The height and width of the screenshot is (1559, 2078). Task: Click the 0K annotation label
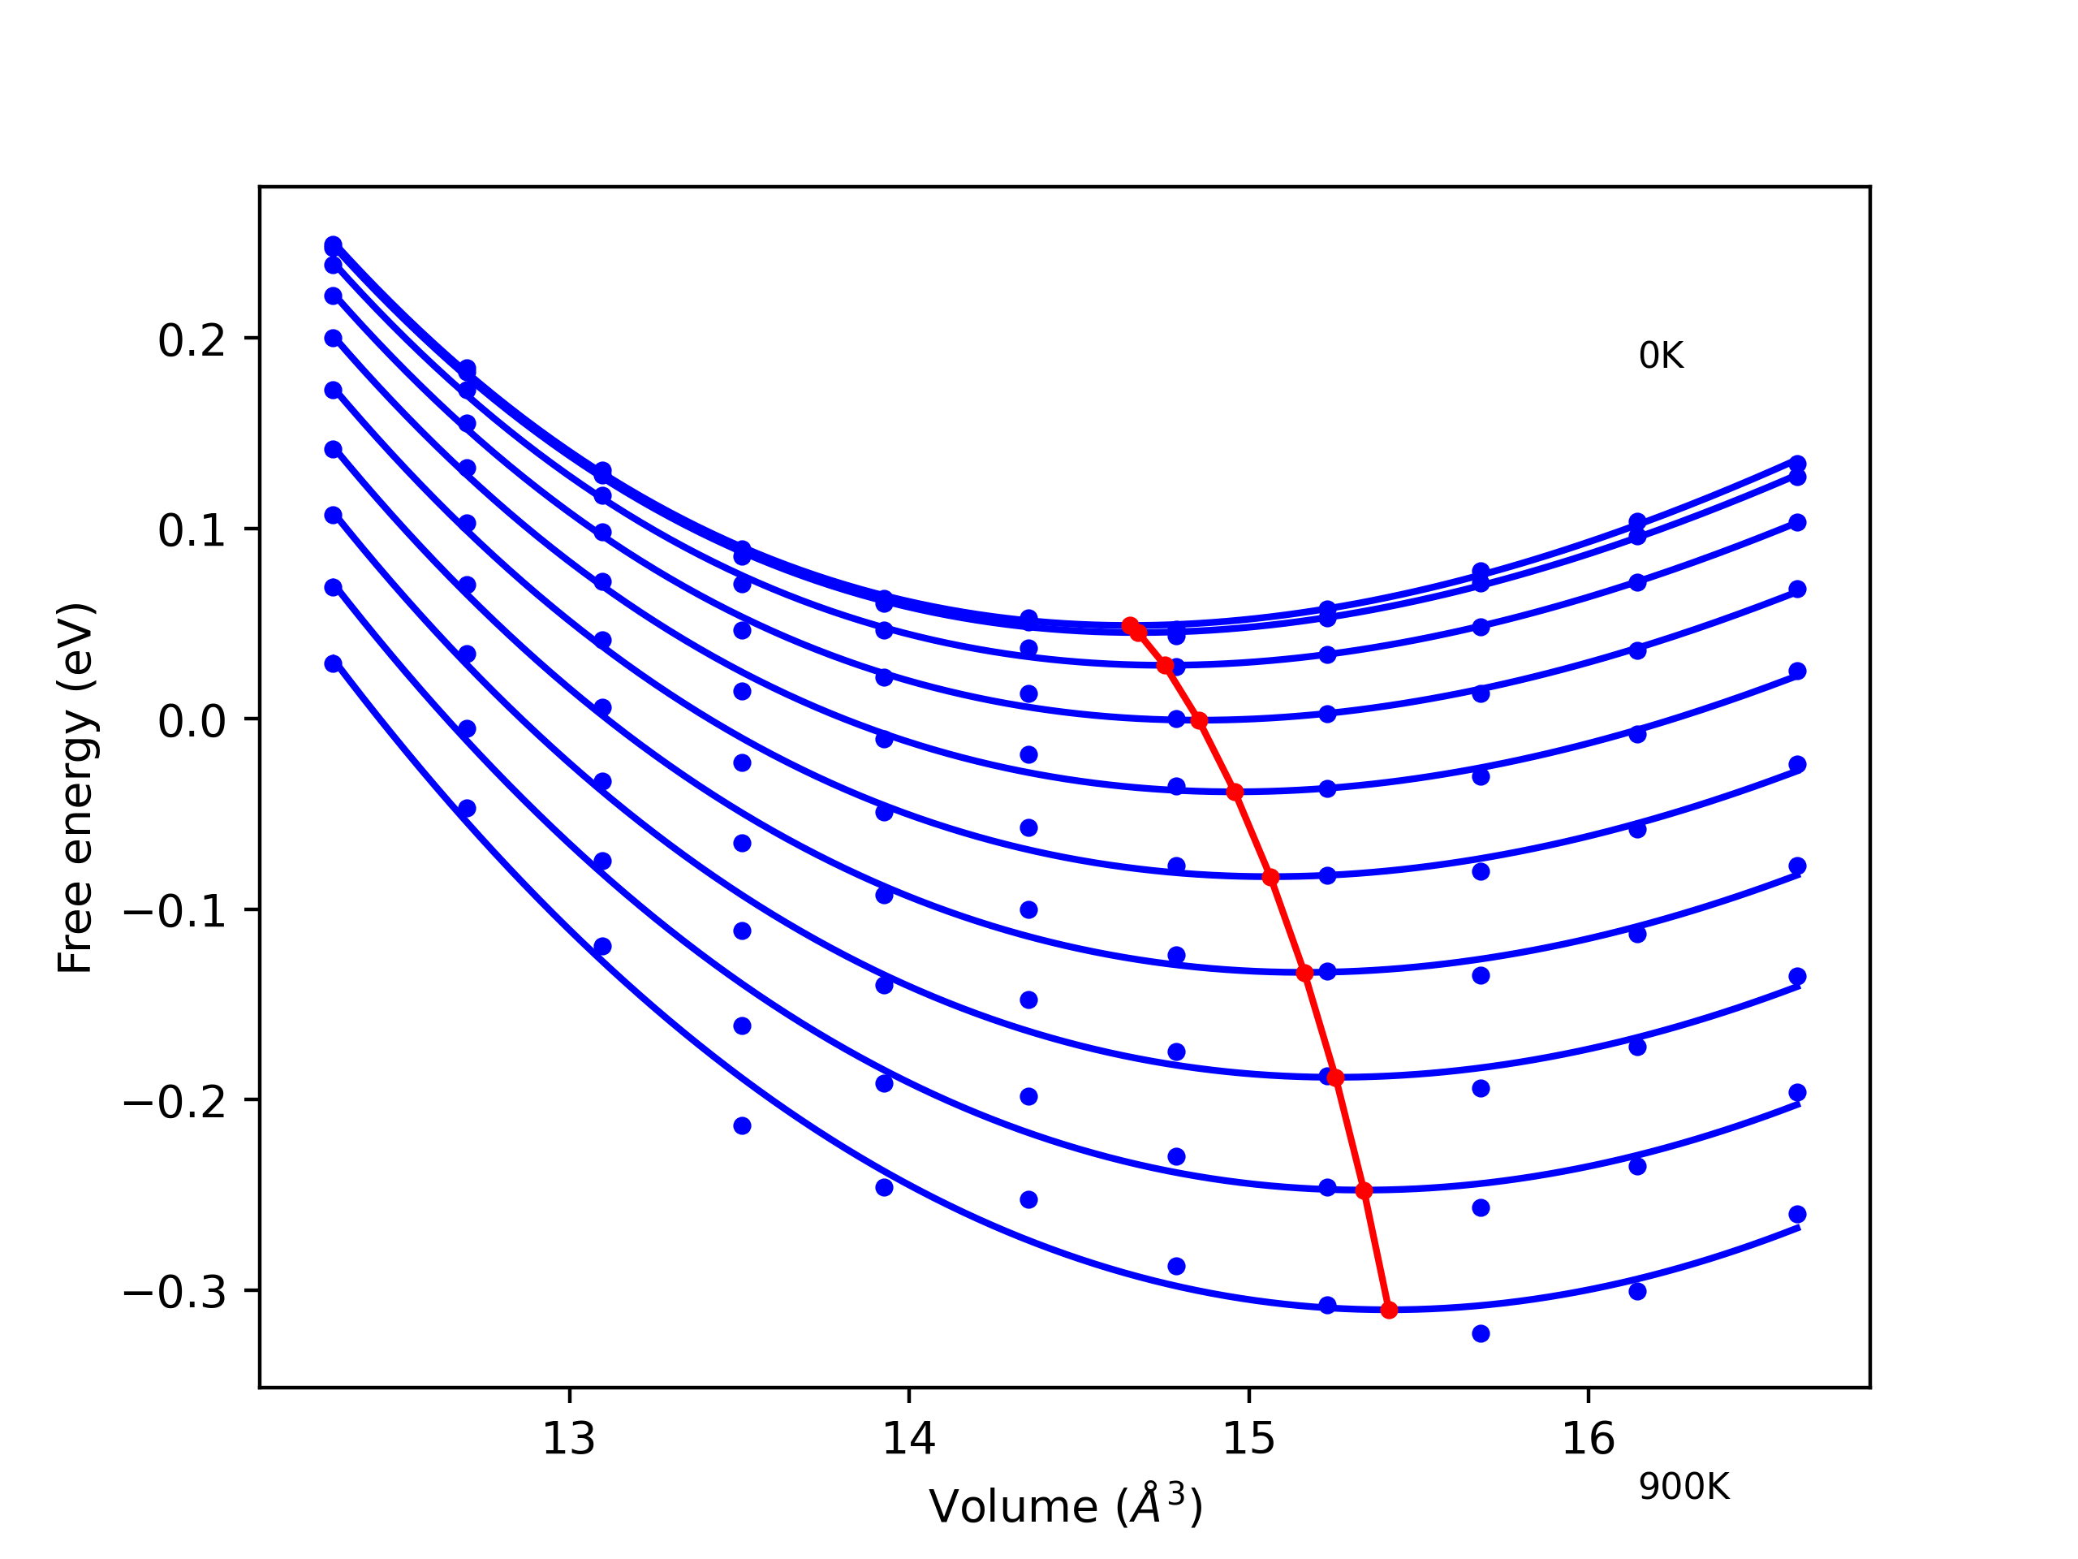(x=1661, y=356)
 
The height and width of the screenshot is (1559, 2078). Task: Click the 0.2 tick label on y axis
(x=192, y=341)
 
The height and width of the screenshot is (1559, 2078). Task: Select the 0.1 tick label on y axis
(x=192, y=532)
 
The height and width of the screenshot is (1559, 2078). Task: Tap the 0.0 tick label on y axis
(x=192, y=723)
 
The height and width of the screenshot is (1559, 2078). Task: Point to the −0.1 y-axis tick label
(x=175, y=913)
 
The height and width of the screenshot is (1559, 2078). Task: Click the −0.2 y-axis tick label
(x=175, y=1103)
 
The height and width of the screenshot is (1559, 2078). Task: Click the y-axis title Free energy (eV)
(x=75, y=788)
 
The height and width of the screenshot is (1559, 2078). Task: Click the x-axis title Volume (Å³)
(x=1065, y=1506)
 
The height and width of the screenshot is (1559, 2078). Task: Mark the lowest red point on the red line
(x=1390, y=1310)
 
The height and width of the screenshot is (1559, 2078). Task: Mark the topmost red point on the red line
(x=1130, y=626)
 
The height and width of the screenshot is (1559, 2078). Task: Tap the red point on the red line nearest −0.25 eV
(x=1364, y=1190)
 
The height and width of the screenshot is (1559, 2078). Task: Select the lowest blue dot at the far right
(x=1797, y=1214)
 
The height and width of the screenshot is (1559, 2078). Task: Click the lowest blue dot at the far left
(x=333, y=663)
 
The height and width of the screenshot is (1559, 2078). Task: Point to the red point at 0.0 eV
(x=1199, y=721)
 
